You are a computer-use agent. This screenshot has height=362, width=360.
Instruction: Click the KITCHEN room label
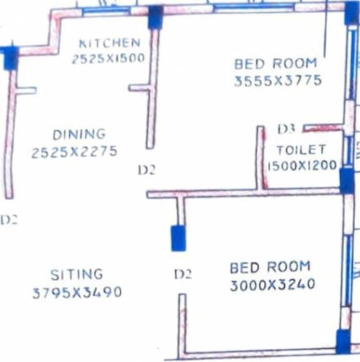pyautogui.click(x=110, y=43)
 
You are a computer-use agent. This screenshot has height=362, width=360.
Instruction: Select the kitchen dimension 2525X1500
pyautogui.click(x=108, y=59)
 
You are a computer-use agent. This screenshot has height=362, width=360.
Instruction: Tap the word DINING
pyautogui.click(x=79, y=134)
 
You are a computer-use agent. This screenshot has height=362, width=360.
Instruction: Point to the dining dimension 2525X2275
pyautogui.click(x=74, y=152)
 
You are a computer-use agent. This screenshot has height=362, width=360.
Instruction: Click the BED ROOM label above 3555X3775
pyautogui.click(x=275, y=63)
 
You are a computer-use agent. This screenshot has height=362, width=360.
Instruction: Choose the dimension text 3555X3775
pyautogui.click(x=278, y=80)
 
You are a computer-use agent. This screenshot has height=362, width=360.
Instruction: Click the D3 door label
pyautogui.click(x=286, y=129)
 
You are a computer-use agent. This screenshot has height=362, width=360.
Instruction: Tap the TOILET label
pyautogui.click(x=301, y=150)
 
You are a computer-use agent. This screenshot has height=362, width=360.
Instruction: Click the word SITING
pyautogui.click(x=76, y=275)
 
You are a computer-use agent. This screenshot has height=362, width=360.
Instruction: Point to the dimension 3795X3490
pyautogui.click(x=77, y=293)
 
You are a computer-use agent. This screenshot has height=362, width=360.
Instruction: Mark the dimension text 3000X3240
pyautogui.click(x=272, y=285)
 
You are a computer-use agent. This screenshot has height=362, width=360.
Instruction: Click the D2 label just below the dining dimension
pyautogui.click(x=147, y=171)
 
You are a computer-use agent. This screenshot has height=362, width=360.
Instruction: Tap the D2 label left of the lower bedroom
pyautogui.click(x=182, y=275)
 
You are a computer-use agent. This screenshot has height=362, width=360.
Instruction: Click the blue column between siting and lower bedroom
pyautogui.click(x=178, y=238)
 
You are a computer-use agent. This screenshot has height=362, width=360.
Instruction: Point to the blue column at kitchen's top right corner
pyautogui.click(x=155, y=17)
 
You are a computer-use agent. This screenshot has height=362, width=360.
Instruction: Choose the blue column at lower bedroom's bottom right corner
pyautogui.click(x=343, y=341)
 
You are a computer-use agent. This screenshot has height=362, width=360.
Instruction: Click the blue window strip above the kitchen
pyautogui.click(x=105, y=10)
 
